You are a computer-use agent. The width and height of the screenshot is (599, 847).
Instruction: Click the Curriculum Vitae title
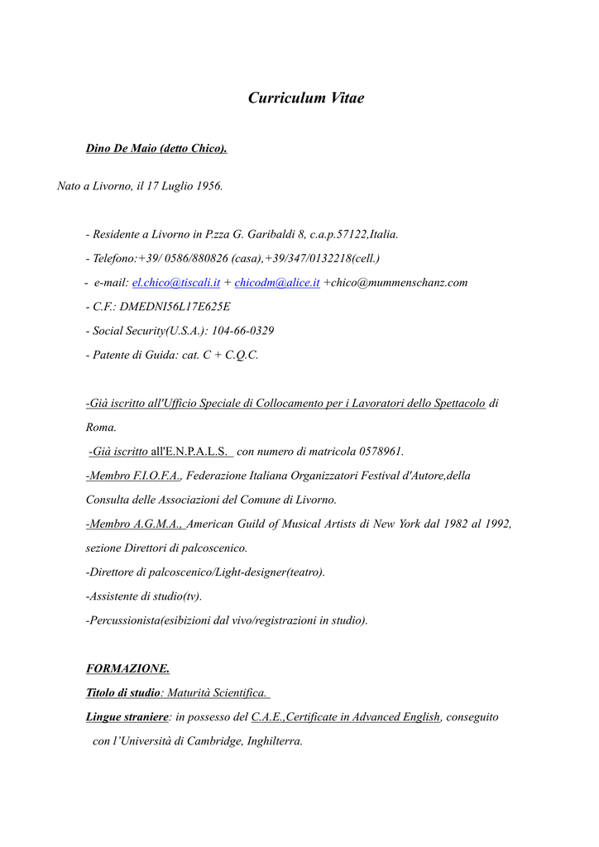(306, 98)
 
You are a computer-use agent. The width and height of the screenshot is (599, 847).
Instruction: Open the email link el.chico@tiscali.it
(176, 283)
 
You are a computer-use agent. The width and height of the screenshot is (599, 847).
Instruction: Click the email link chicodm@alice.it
(277, 283)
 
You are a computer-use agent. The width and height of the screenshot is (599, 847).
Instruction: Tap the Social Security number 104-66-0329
(243, 331)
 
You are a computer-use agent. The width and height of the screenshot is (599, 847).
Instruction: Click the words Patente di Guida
(131, 355)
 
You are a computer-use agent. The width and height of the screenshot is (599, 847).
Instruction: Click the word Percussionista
(124, 620)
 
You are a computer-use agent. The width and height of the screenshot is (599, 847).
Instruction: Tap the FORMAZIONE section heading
(128, 668)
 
